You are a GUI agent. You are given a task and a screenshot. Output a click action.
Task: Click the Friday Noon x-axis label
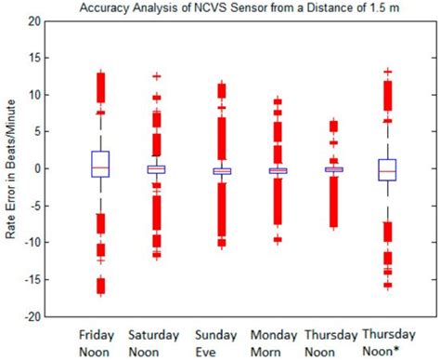[x=99, y=341]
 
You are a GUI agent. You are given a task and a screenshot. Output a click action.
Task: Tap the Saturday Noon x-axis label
[x=156, y=341]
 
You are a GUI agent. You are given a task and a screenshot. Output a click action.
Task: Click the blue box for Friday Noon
[x=100, y=164]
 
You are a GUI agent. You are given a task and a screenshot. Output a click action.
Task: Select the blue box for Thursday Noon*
[x=388, y=169]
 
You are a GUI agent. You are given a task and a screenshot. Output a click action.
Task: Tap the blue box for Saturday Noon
[x=156, y=169]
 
